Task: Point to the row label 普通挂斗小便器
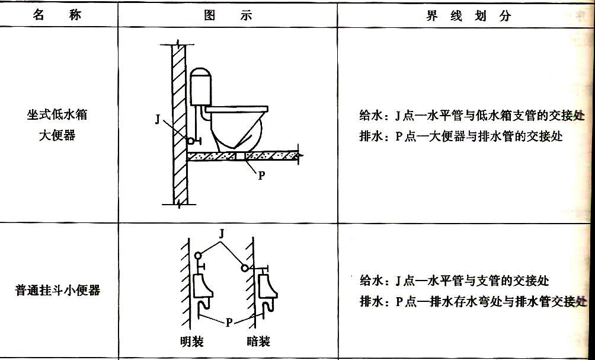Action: coord(57,291)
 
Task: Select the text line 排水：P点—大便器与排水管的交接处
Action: coord(460,136)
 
